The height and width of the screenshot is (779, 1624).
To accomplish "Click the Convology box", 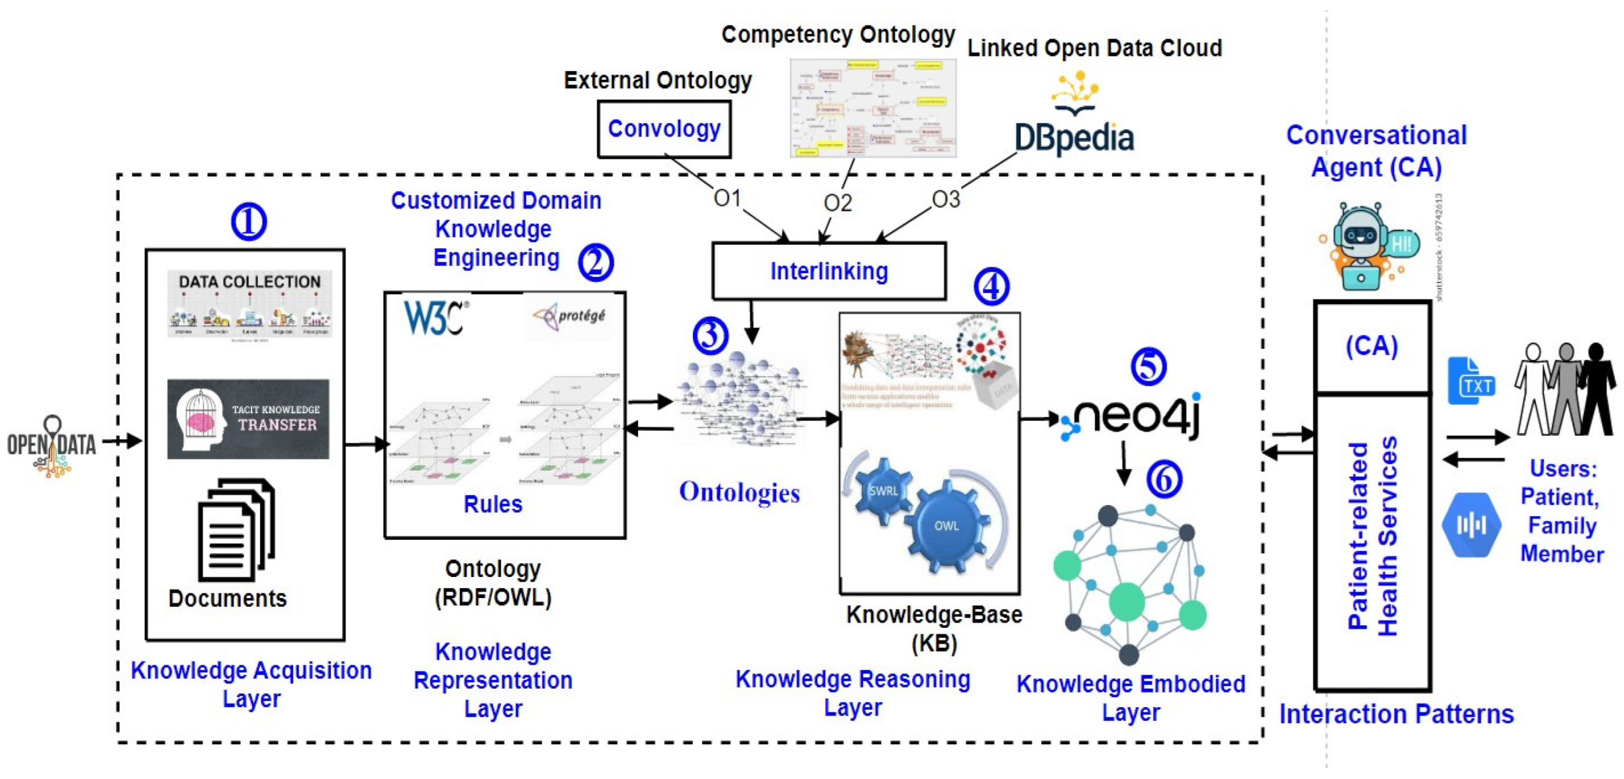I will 664,129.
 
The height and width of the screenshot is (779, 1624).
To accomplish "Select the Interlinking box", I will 829,271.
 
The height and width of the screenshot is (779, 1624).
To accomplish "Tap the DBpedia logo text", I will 1074,138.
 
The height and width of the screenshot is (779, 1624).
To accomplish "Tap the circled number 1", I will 248,222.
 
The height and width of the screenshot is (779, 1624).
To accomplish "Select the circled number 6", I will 1164,479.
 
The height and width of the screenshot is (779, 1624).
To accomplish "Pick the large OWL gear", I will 945,526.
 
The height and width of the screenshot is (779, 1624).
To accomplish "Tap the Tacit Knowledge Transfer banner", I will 248,418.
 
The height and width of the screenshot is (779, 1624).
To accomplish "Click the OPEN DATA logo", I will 52,445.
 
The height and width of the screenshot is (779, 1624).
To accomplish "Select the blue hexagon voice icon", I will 1471,524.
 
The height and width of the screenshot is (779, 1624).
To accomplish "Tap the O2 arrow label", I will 837,203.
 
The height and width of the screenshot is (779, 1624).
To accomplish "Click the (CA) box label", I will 1372,346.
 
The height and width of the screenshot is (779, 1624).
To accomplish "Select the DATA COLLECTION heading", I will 249,282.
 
